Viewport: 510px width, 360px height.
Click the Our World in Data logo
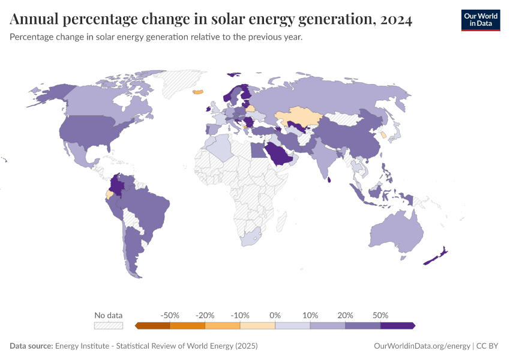[480, 20]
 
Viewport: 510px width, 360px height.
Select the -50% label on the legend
[170, 315]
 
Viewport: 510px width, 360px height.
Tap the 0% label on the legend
[275, 315]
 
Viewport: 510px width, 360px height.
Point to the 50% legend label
[380, 315]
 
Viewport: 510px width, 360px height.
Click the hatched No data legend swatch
[109, 325]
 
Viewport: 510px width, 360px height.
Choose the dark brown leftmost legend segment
[153, 325]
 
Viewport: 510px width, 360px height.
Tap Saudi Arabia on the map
[278, 154]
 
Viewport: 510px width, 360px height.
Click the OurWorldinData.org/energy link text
[422, 346]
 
